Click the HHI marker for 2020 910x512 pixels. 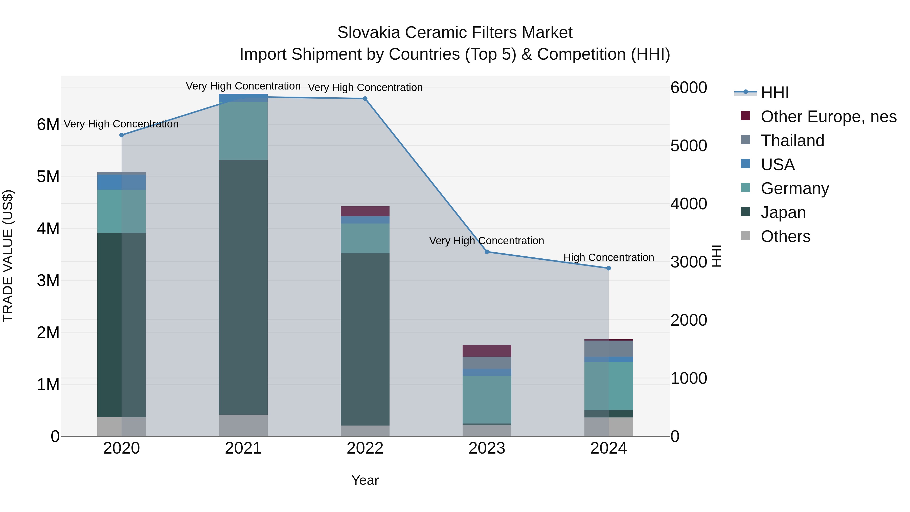tap(122, 135)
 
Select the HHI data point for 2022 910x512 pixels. tap(365, 99)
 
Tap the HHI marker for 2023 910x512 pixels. tap(487, 252)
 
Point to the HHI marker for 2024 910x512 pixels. tap(608, 268)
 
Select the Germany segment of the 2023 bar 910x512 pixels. tap(487, 399)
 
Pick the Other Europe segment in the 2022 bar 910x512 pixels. tap(365, 211)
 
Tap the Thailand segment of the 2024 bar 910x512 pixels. tap(608, 349)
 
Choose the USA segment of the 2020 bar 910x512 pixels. tap(122, 182)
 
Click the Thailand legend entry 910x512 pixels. tap(792, 141)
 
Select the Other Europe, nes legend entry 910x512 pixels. tap(828, 117)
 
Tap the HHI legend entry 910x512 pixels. tap(774, 93)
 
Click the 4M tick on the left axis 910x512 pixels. tap(48, 229)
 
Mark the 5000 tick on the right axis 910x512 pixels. tap(689, 146)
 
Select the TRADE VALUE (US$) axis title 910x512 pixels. tap(8, 256)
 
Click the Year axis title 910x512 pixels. tap(365, 480)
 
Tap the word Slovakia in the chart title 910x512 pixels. tap(369, 33)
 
